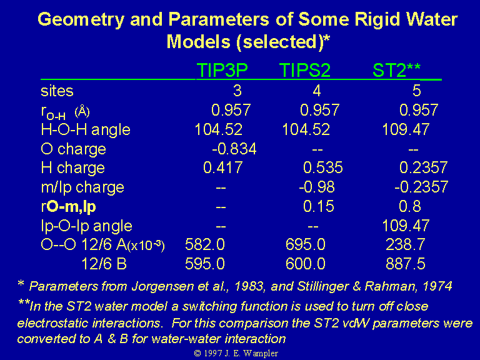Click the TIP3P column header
(x=222, y=70)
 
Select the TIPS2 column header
(x=305, y=70)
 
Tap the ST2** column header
(x=396, y=70)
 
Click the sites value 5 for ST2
(x=417, y=91)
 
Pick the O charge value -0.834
(x=234, y=149)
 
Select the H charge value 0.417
(x=223, y=167)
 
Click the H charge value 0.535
(x=323, y=167)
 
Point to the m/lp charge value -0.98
(x=317, y=187)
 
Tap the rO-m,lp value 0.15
(x=318, y=206)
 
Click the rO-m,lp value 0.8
(x=410, y=206)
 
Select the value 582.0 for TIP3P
(x=205, y=244)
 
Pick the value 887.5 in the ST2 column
(x=406, y=264)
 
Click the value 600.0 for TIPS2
(x=305, y=264)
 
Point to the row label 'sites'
(x=57, y=91)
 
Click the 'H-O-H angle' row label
(x=86, y=129)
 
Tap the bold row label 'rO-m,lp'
(x=68, y=207)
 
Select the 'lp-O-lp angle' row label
(x=87, y=226)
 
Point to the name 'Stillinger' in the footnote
(x=323, y=286)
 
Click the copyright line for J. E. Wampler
(x=236, y=353)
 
